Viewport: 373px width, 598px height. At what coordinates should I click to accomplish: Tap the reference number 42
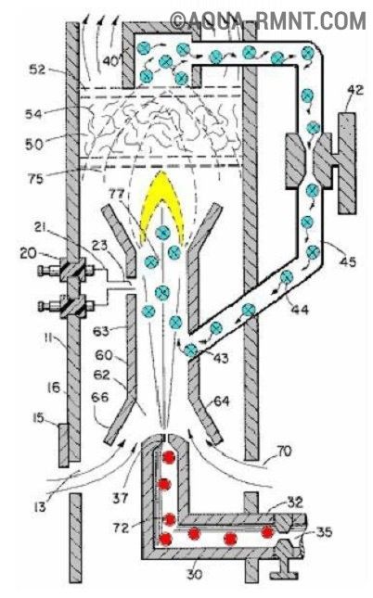355,91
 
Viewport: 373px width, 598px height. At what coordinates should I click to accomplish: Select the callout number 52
38,69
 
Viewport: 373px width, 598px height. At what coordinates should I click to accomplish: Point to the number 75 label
35,178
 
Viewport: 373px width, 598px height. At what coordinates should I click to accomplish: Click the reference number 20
29,253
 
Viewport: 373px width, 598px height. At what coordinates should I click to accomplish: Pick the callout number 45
347,261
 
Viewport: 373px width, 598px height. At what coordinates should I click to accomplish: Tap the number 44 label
299,309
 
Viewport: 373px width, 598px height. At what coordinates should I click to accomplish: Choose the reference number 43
220,358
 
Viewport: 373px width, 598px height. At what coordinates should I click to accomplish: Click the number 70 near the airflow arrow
283,452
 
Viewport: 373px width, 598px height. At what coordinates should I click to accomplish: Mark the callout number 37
120,497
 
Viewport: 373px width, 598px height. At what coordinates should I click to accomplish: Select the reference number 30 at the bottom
194,573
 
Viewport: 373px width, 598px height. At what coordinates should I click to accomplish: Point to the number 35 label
324,531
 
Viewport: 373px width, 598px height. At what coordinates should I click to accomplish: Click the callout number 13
40,506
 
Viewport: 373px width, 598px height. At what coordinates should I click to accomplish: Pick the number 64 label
222,401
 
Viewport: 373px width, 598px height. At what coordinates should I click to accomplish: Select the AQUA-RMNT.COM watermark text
268,19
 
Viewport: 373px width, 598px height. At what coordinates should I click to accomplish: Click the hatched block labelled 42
347,162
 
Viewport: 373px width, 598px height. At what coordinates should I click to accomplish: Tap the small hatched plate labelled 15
63,445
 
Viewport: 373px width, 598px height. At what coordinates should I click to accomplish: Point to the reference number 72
121,528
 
